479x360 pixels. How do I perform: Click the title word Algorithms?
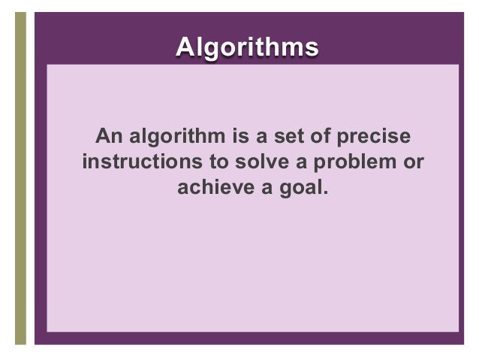(246, 46)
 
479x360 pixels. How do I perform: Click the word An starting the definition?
(107, 138)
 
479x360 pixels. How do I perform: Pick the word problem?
(360, 162)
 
